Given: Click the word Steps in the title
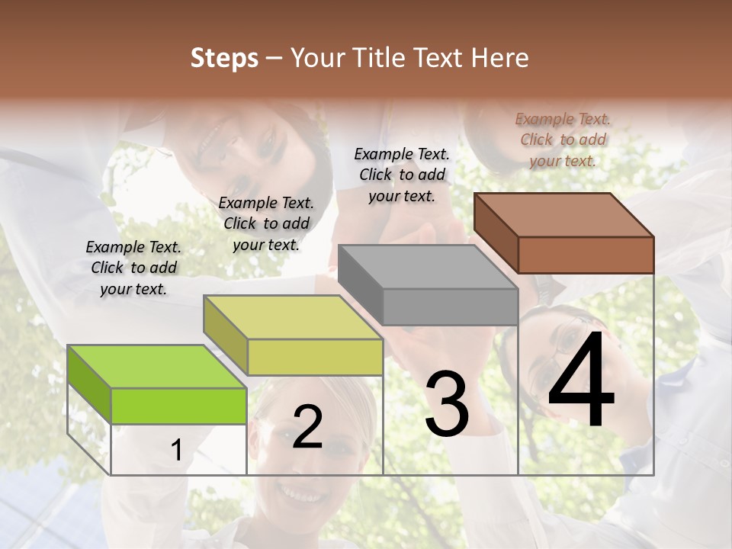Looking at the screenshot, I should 224,58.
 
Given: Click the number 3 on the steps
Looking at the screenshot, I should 447,404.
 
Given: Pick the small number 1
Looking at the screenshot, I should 177,451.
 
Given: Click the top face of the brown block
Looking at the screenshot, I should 564,214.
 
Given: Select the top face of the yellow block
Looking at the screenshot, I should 293,317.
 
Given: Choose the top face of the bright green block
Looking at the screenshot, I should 157,367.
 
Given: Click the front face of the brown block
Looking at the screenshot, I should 586,255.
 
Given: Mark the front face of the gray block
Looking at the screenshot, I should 450,307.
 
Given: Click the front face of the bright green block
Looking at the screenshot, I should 178,406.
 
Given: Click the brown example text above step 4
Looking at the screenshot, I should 563,140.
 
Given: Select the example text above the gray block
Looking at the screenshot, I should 402,175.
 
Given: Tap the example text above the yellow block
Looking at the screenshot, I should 266,223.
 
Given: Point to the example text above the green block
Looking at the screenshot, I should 133,268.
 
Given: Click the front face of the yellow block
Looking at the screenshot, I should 314,357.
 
